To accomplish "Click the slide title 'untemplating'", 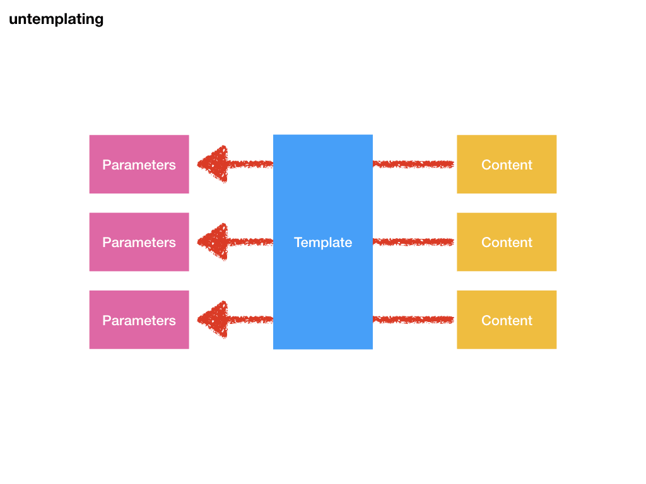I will pos(56,20).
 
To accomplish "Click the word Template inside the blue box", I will pos(322,243).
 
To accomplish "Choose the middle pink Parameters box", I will pos(139,258).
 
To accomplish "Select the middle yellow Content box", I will pos(507,258).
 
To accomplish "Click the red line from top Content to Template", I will pos(413,164).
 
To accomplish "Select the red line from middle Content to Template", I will pos(413,242).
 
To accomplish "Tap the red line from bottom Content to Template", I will pos(413,320).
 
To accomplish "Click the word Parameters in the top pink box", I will pos(139,165).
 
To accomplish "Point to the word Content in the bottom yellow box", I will pos(507,321).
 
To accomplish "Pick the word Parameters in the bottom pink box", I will pos(139,321).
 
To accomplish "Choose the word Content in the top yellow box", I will pos(507,165).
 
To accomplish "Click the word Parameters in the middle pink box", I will pos(139,243).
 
